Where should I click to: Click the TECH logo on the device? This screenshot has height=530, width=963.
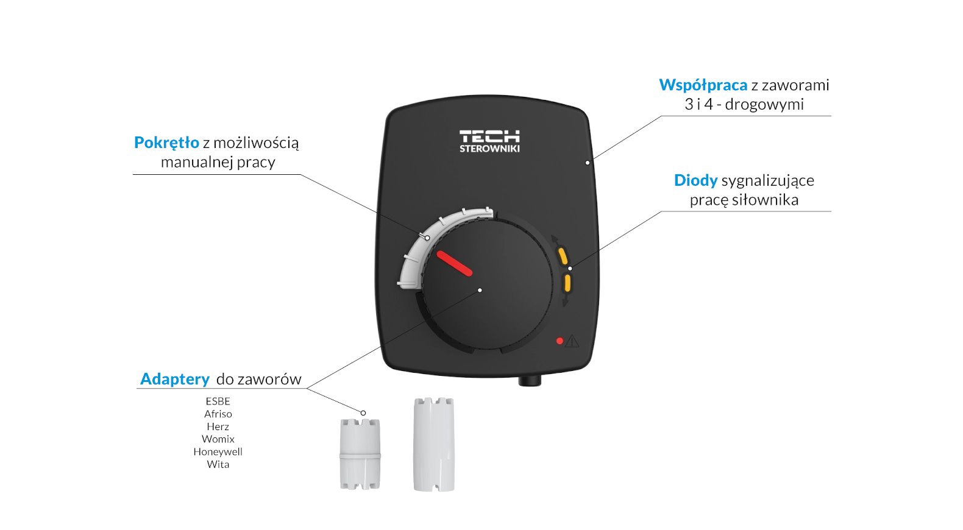point(489,136)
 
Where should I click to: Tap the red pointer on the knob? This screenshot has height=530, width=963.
point(454,263)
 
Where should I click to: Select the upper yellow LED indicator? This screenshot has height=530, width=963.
point(563,255)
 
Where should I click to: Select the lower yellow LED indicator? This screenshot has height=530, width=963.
point(567,283)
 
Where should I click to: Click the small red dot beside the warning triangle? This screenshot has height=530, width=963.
point(560,341)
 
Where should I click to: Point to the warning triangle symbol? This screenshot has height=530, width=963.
point(572,341)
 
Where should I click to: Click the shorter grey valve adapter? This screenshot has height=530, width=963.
point(360,454)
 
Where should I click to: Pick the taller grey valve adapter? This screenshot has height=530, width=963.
point(433,444)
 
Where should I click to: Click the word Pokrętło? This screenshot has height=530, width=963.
point(166,143)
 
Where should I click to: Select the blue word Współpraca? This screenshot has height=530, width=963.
point(703,85)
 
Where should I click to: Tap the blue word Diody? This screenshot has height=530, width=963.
point(695,180)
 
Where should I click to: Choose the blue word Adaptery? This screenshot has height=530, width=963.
point(175,379)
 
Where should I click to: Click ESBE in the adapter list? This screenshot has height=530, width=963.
point(218,401)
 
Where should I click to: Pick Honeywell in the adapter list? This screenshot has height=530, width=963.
point(218,452)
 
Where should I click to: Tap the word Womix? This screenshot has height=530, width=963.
point(218,439)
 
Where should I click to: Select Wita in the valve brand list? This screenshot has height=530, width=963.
point(218,465)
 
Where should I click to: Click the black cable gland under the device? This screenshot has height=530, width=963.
point(529,381)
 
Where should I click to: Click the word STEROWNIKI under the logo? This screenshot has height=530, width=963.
point(489,149)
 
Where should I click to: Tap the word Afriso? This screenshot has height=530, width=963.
point(218,414)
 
